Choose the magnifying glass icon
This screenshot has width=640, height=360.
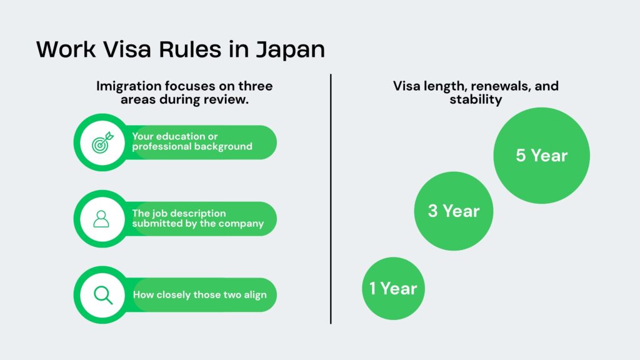102,294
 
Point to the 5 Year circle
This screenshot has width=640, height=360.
541,155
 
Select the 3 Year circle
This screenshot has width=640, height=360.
454,211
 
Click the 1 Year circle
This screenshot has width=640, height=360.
393,288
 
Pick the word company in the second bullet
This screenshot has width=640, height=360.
241,224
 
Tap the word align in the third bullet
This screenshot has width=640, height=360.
253,295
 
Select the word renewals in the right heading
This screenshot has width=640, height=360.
495,86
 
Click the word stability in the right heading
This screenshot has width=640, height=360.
476,100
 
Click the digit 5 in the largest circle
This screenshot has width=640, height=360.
521,155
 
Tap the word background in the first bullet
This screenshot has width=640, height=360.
220,147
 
